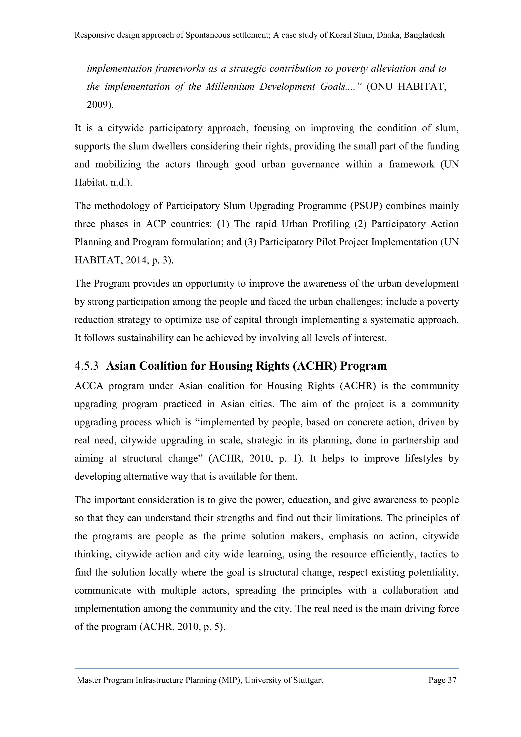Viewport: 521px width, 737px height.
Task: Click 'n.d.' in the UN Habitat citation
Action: [120, 182]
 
